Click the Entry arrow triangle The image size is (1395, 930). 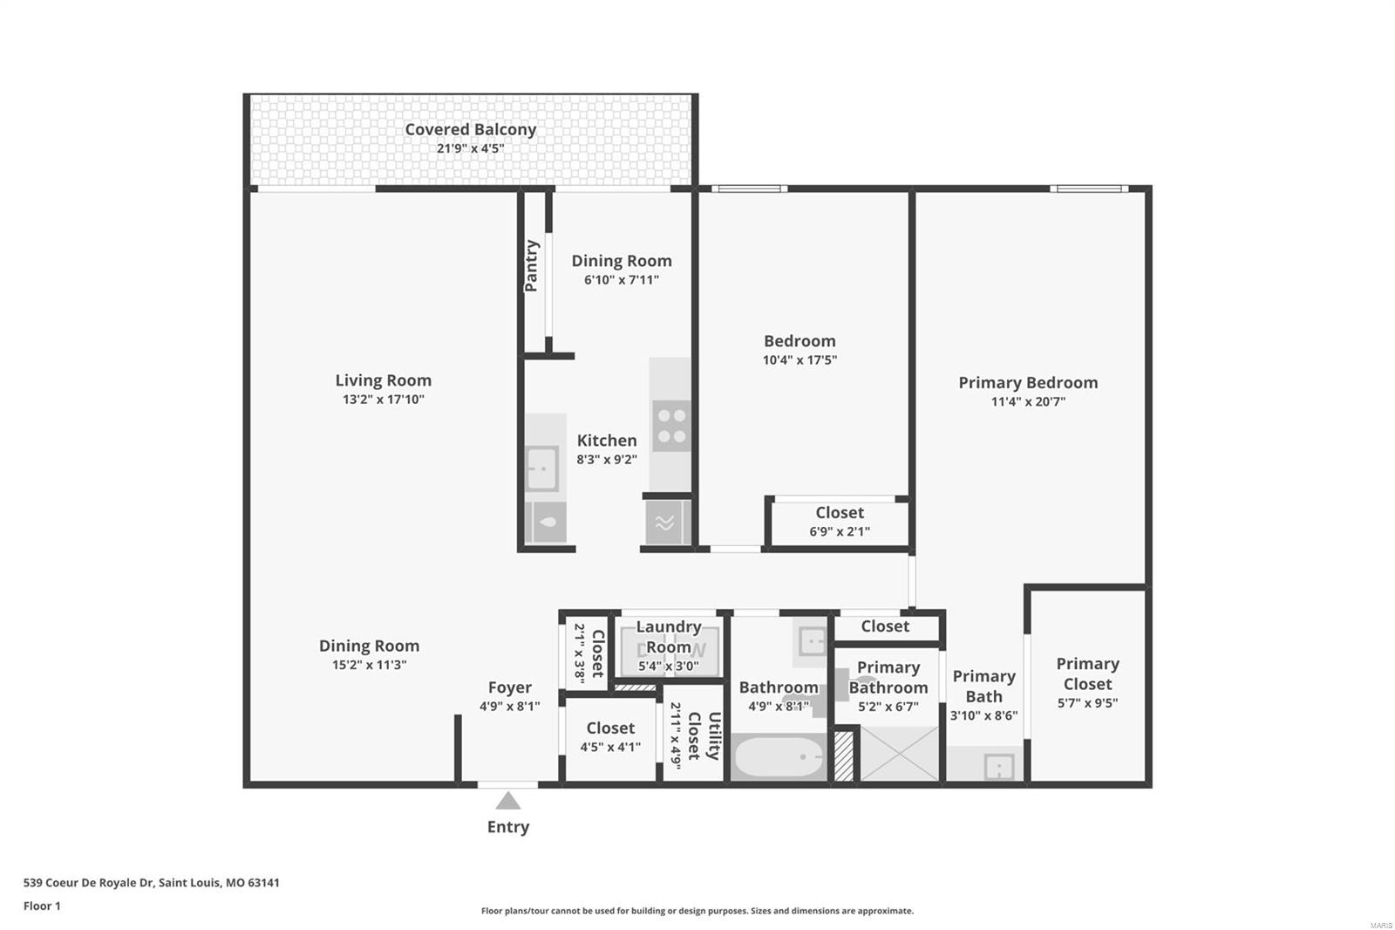507,800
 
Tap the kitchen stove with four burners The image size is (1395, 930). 671,426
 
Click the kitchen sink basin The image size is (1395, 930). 541,468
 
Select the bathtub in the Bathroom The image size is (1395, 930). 779,756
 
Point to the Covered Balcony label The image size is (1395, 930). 470,130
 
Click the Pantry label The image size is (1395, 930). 531,266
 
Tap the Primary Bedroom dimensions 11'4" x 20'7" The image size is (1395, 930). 1028,401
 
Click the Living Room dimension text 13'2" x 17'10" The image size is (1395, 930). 383,399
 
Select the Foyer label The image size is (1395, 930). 509,687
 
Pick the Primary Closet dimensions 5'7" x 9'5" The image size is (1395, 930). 1087,703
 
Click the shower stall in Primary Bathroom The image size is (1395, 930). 899,753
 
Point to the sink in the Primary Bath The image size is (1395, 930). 999,767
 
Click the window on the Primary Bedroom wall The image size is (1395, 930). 1089,188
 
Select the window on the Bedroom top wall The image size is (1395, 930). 750,188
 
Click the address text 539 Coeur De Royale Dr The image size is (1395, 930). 88,883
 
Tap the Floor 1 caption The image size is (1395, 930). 42,906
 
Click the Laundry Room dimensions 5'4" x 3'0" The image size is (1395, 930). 668,667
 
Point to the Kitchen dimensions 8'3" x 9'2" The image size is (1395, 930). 607,460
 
